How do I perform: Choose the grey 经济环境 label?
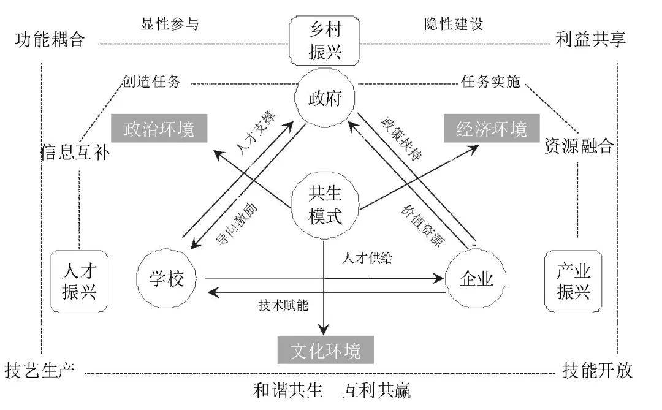point(492,130)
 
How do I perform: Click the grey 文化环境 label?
point(325,351)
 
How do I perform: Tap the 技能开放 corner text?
point(597,370)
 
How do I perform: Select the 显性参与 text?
point(170,23)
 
